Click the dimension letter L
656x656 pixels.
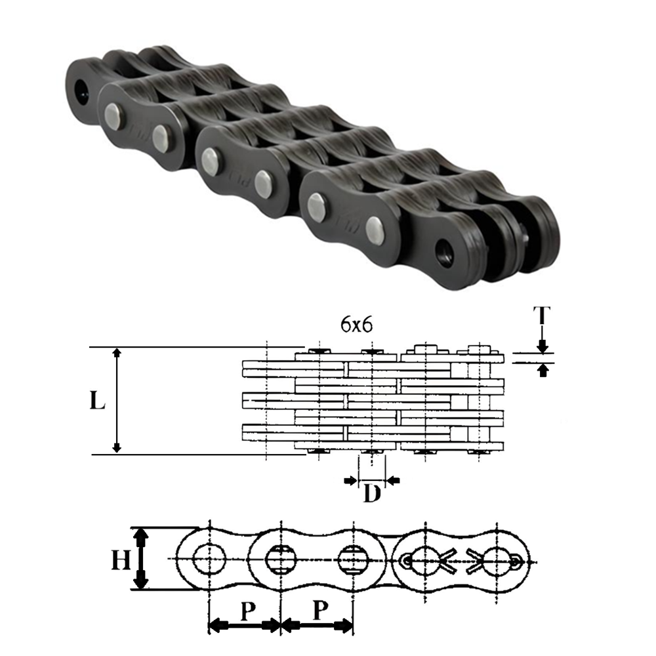[97, 401]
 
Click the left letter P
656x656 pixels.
[247, 611]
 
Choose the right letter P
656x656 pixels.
[319, 611]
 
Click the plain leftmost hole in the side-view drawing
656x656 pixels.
[209, 559]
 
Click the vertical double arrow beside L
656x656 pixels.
[117, 401]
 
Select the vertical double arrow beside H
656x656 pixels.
[140, 560]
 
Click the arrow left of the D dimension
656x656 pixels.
[350, 481]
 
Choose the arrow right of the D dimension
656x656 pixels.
[394, 481]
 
